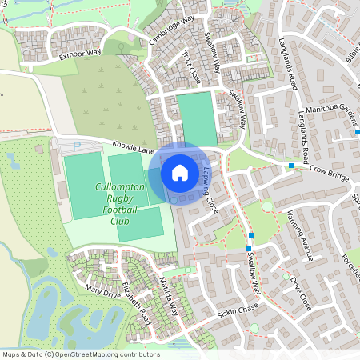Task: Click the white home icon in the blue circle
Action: (x=180, y=172)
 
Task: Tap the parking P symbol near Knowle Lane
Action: (x=77, y=146)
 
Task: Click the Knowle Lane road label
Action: (x=133, y=150)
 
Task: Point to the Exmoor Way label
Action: (x=81, y=53)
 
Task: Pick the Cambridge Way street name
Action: (x=171, y=30)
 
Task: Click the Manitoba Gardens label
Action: (x=325, y=118)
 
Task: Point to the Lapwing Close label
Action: (x=210, y=193)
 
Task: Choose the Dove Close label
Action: (x=301, y=293)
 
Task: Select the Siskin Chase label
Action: (x=238, y=311)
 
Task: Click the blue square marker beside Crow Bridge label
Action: (x=291, y=166)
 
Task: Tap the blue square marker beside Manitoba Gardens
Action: (x=358, y=132)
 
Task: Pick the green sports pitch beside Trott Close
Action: (x=197, y=118)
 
